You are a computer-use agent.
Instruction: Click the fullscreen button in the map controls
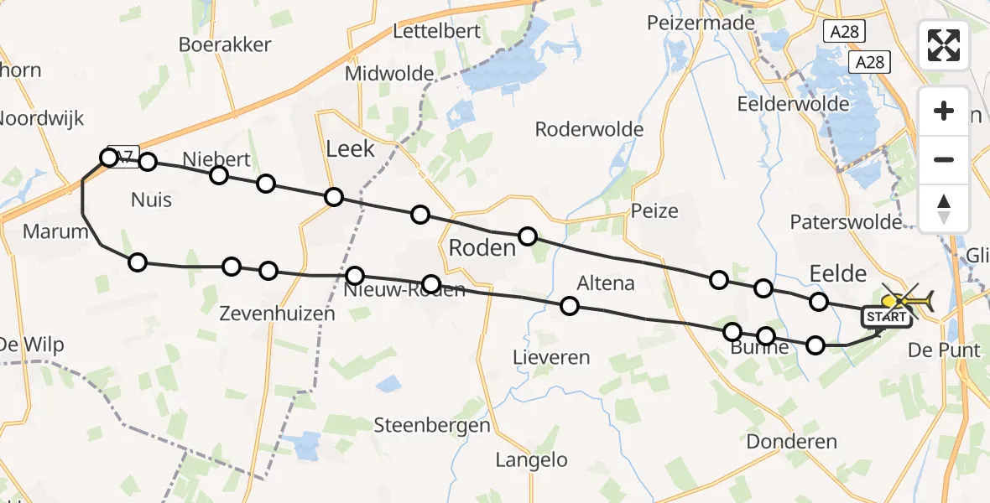pos(944,45)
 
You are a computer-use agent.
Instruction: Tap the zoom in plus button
pos(944,111)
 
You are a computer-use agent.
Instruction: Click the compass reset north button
pos(944,209)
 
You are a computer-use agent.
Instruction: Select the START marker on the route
pos(885,317)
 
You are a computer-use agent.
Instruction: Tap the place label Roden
pos(482,248)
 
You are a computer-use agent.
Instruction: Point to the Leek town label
pos(350,150)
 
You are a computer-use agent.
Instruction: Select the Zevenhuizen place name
pos(277,314)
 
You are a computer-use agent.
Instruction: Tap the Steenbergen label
pos(432,425)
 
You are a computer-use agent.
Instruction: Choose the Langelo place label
pos(531,459)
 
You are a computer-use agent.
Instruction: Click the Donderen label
pos(791,442)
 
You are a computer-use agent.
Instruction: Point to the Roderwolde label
pos(589,129)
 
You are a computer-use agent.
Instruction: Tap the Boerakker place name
pos(225,44)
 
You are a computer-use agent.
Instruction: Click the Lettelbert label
pos(436,32)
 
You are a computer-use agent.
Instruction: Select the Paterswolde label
pos(846,222)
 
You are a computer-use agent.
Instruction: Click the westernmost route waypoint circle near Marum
pos(109,158)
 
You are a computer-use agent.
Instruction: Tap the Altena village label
pos(606,283)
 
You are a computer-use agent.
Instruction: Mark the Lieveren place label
pos(551,357)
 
